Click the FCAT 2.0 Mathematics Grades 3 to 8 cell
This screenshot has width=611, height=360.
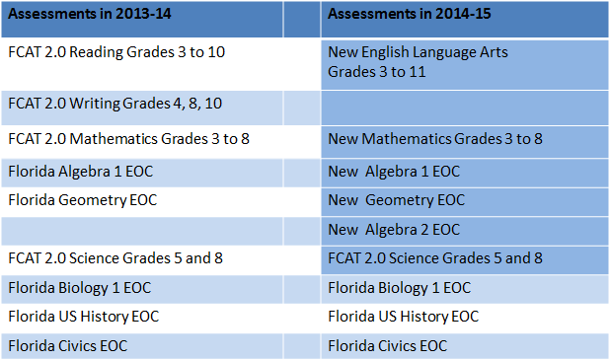128,139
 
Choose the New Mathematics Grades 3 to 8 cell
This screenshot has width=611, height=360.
435,139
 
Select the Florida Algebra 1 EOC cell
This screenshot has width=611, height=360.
81,171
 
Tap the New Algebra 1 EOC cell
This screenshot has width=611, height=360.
394,171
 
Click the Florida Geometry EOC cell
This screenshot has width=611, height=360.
83,200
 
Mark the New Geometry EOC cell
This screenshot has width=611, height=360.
396,200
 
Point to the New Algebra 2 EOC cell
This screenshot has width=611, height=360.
394,230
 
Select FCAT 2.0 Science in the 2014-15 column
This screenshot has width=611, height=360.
435,259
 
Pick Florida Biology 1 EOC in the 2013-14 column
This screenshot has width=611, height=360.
78,288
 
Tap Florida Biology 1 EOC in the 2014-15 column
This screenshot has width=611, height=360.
399,288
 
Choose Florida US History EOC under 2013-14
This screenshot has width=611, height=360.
84,317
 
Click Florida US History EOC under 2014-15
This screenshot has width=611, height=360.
404,317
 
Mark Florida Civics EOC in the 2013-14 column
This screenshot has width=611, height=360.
68,345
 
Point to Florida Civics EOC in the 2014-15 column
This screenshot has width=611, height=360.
388,345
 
